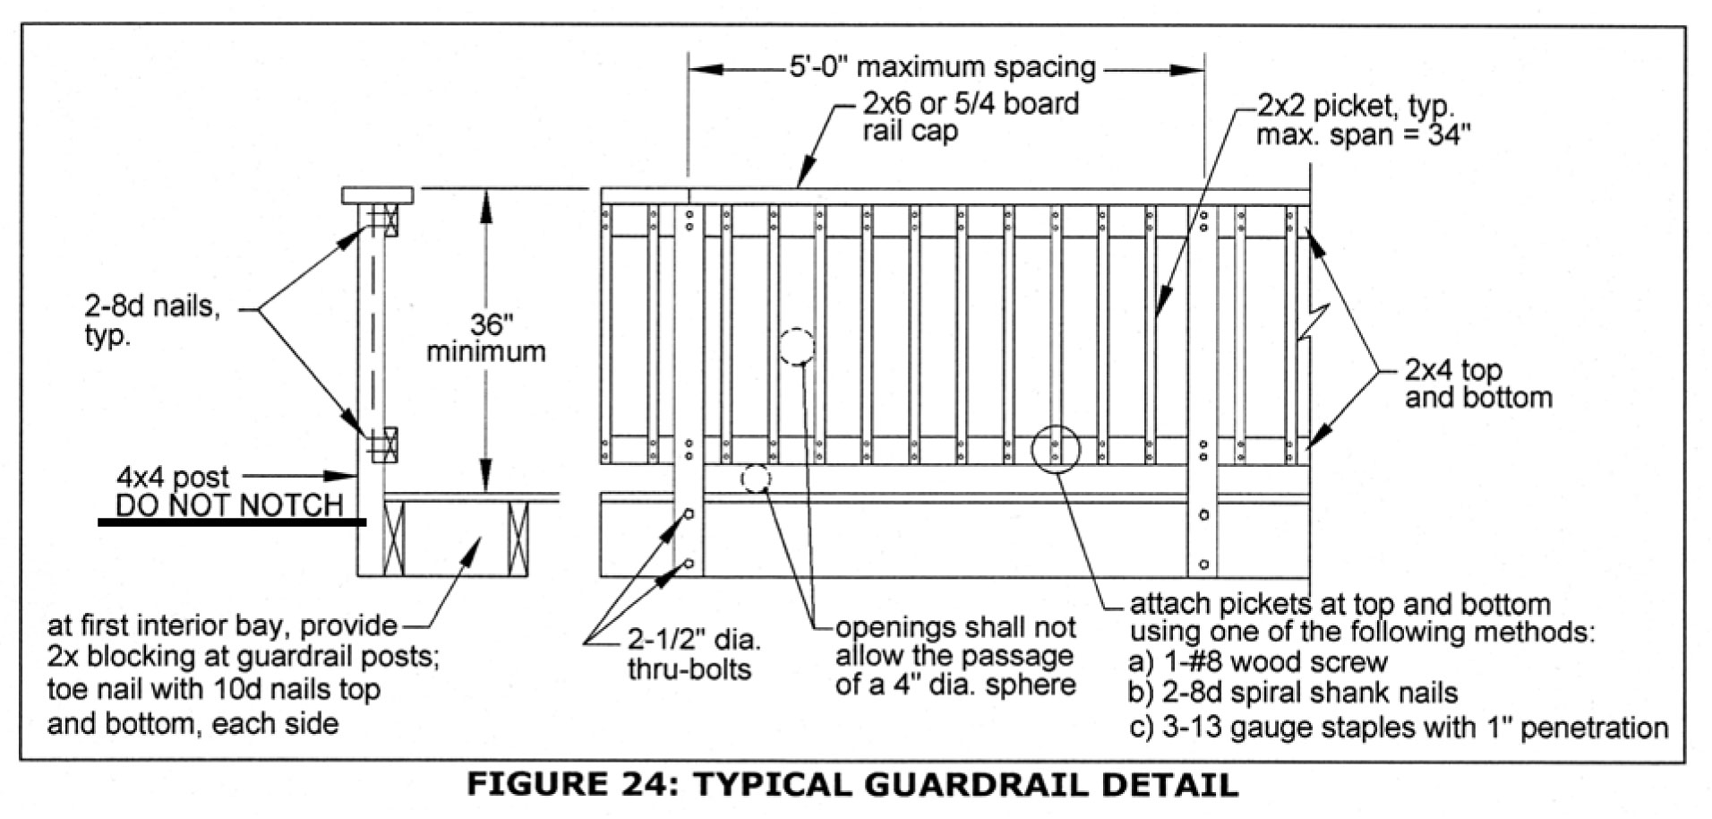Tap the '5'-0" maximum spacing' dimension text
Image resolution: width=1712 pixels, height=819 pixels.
942,67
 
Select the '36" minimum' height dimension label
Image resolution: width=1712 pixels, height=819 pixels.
485,338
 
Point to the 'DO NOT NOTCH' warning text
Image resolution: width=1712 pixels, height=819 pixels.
229,505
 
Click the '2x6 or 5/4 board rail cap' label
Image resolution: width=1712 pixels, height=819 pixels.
970,116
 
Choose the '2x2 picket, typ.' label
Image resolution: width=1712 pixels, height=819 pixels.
1356,106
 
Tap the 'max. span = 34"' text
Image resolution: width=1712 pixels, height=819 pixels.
1363,135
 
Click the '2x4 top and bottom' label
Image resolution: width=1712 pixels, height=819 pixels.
1477,383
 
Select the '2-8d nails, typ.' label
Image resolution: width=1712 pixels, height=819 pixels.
152,321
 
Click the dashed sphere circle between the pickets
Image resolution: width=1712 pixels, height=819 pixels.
796,346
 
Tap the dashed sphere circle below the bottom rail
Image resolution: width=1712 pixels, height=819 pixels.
755,479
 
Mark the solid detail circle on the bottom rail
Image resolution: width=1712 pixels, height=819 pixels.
1056,449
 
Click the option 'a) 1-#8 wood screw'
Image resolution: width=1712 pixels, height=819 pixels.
1258,662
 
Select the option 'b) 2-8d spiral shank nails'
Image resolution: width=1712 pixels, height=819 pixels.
1293,693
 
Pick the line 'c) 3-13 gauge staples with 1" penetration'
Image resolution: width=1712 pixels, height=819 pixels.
1399,727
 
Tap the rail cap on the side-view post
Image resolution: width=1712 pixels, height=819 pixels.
377,194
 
